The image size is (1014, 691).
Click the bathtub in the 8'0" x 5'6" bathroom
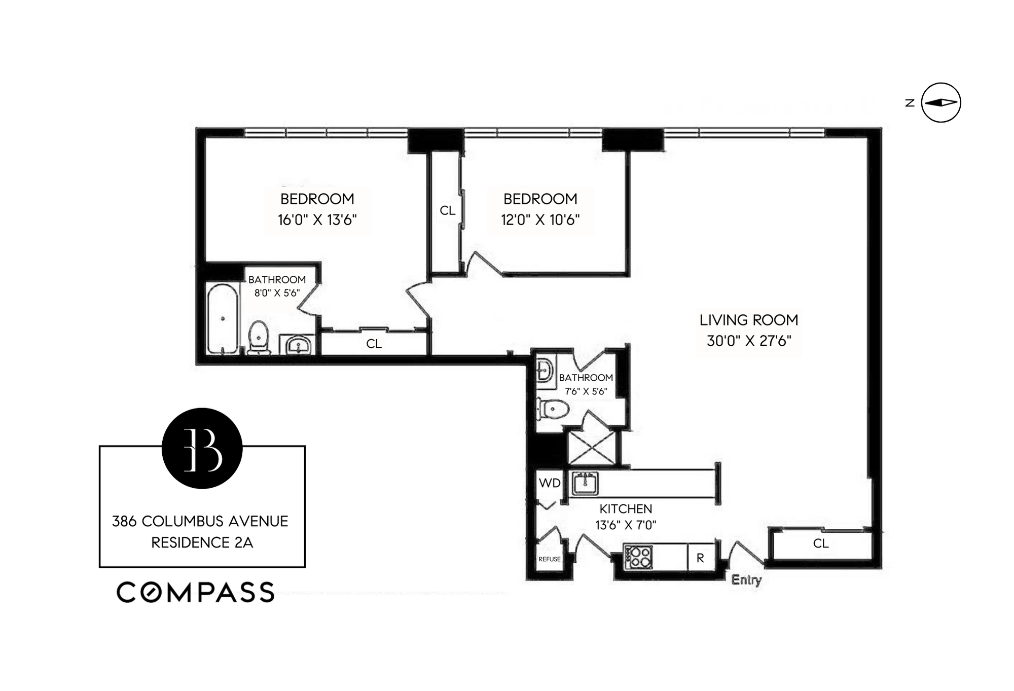(223, 318)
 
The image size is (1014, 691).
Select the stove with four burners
(638, 557)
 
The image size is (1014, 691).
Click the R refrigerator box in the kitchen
(701, 558)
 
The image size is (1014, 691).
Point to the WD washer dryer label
(550, 483)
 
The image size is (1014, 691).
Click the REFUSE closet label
(550, 559)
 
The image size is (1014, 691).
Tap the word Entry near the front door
(746, 579)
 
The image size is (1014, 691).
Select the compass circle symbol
(940, 102)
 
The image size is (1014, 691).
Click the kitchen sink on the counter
(585, 483)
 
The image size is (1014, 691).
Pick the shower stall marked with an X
(592, 448)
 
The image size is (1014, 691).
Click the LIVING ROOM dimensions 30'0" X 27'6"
(749, 341)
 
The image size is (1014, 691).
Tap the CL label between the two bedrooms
(447, 210)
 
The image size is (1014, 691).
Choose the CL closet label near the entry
(821, 543)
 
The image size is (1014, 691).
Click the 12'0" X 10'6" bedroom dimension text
(540, 220)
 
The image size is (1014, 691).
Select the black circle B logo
(202, 448)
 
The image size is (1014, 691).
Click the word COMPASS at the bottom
(196, 592)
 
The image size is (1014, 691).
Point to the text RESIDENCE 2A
(202, 542)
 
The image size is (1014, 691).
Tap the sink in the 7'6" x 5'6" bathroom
(544, 370)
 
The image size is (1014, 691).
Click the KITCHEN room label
(626, 508)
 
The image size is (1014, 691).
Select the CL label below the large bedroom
(374, 344)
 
